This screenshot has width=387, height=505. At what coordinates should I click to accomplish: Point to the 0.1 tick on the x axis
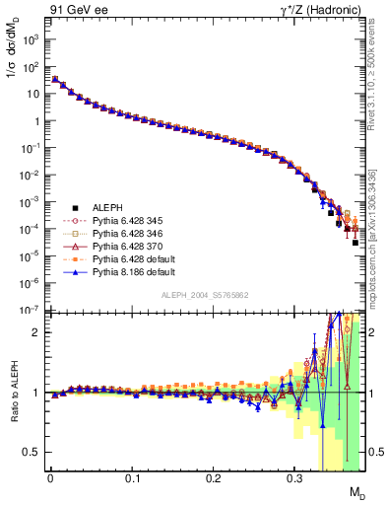click(x=132, y=477)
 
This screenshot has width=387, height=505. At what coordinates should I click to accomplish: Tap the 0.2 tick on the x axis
click(x=214, y=477)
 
